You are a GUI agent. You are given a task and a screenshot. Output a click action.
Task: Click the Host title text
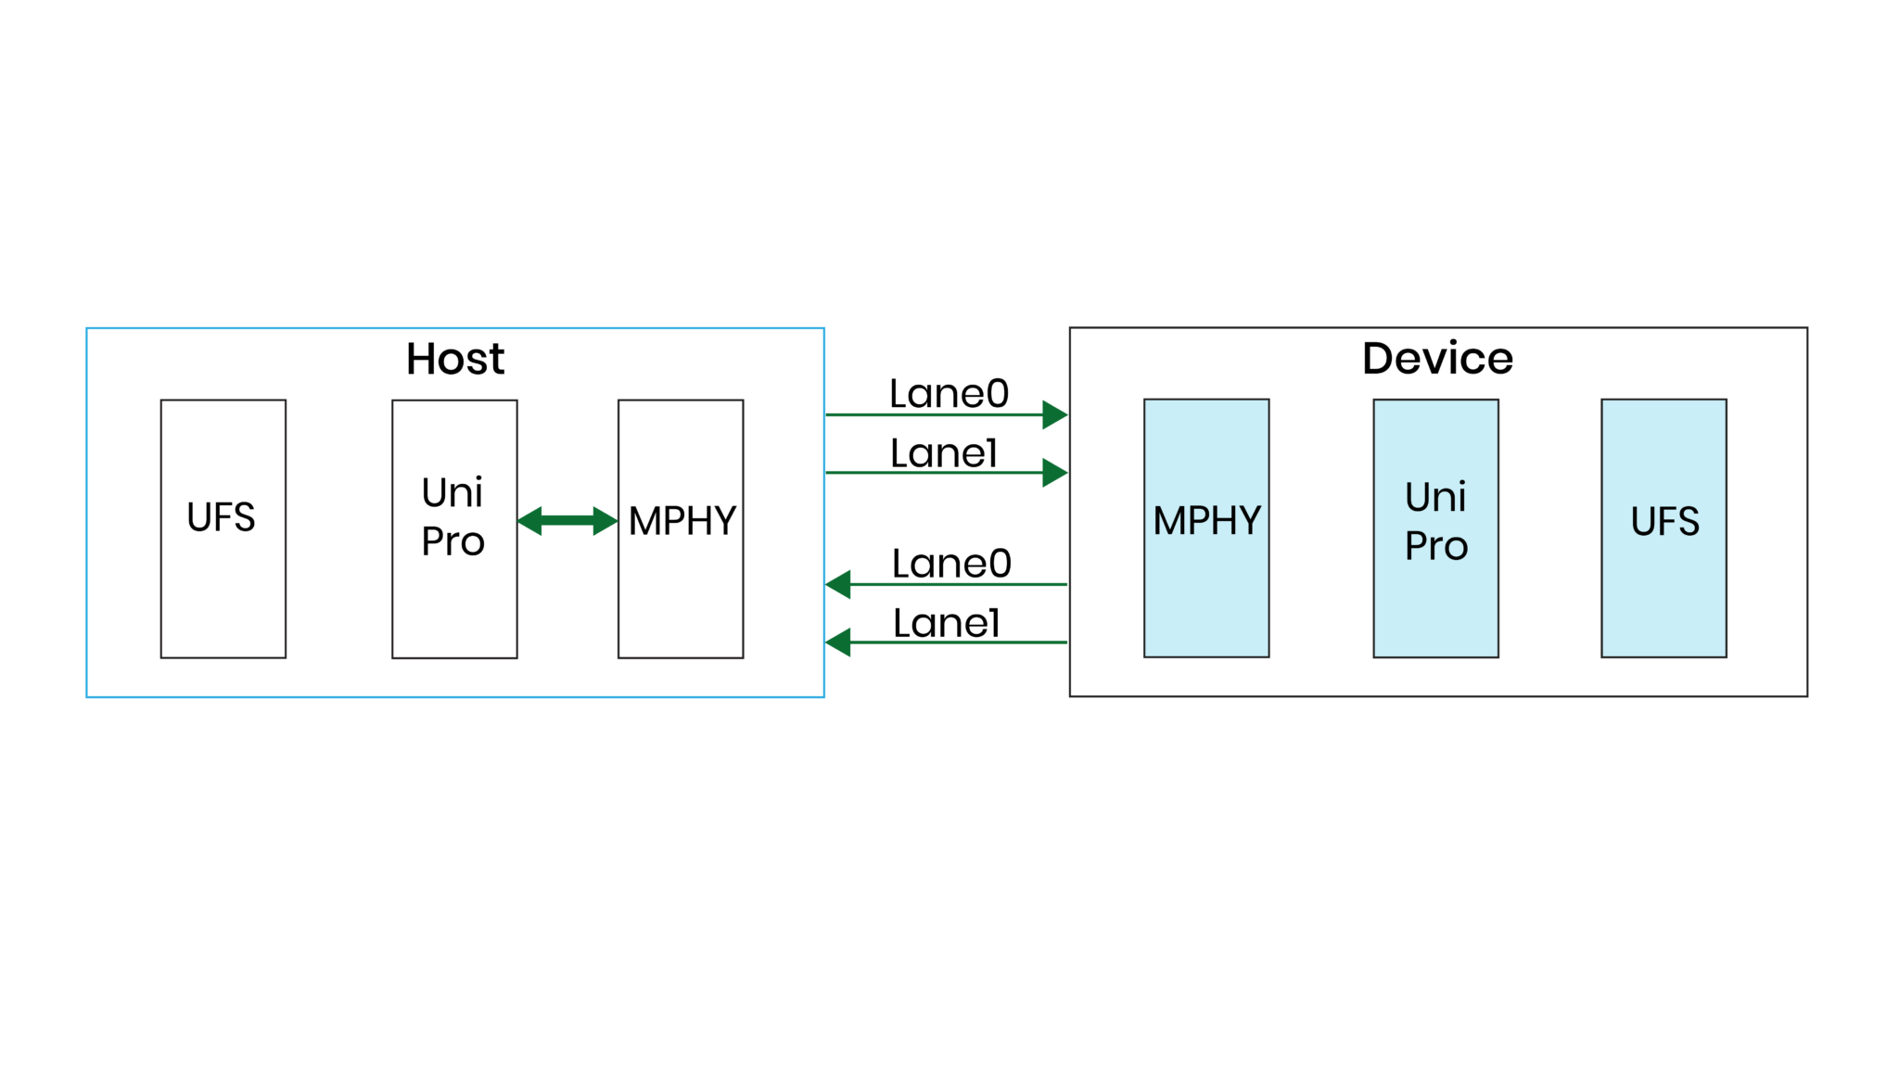[x=454, y=359]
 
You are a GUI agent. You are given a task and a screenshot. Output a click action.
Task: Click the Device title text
[x=1436, y=359]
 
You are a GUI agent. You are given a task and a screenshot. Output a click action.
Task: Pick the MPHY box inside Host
[x=681, y=593]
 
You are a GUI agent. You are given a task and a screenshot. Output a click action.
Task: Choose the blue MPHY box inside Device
[x=1205, y=593]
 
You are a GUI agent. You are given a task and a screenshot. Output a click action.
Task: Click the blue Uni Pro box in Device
[x=1435, y=603]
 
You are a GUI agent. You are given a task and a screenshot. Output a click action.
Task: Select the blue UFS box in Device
[x=1663, y=593]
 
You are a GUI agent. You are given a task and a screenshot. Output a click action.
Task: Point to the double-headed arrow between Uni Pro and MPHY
[x=567, y=521]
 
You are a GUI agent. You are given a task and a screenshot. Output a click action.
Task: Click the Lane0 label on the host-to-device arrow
[x=949, y=394]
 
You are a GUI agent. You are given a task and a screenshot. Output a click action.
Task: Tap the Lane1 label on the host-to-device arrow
[x=943, y=453]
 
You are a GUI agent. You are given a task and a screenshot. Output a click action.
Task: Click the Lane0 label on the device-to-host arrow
[x=951, y=564]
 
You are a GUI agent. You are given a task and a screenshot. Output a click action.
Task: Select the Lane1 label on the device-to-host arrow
[x=946, y=623]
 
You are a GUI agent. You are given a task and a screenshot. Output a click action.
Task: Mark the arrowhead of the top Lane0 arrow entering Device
[x=1055, y=414]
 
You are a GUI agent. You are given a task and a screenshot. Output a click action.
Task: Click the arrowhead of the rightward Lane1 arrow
[x=1055, y=473]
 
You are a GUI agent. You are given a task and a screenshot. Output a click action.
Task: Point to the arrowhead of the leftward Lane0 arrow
[x=838, y=584]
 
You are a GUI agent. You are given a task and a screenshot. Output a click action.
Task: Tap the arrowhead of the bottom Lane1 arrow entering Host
[x=838, y=642]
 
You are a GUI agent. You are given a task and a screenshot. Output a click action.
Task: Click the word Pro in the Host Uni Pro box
[x=452, y=541]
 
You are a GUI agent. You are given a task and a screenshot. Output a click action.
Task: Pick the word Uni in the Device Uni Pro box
[x=1434, y=498]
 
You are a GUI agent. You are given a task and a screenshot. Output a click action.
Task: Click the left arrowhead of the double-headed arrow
[x=529, y=521]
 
